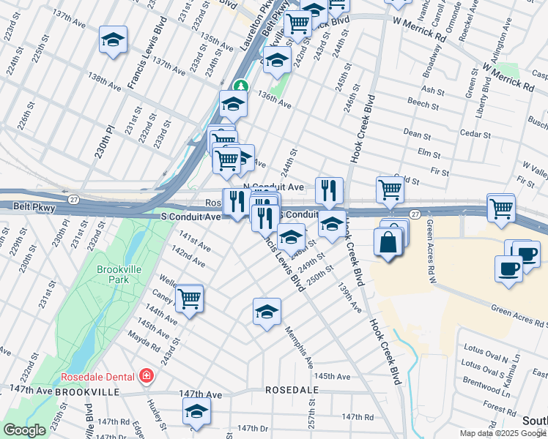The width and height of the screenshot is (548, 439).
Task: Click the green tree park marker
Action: (239, 86)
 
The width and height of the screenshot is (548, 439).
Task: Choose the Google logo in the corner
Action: (24, 430)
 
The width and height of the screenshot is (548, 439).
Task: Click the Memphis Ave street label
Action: (300, 348)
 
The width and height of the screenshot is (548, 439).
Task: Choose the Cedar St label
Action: (475, 134)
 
